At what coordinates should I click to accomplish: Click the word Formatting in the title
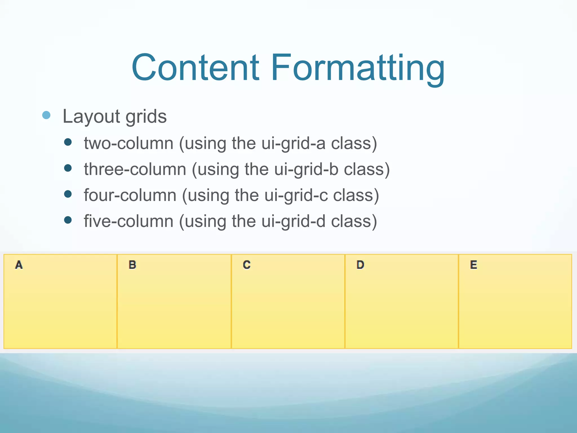[358, 69]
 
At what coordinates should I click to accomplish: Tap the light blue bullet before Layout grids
[46, 115]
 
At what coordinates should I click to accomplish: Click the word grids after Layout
[146, 116]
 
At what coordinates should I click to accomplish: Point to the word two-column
[128, 143]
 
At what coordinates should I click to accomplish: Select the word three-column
[135, 169]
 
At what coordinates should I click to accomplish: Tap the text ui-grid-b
[306, 170]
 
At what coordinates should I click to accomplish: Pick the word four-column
[130, 195]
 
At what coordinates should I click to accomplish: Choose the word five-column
[128, 221]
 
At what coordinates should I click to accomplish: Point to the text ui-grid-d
[293, 222]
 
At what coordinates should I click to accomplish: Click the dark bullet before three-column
[68, 168]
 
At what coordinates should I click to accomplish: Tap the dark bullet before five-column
[68, 220]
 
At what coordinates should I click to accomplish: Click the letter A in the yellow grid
[19, 265]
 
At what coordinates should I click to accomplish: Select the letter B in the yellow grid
[132, 265]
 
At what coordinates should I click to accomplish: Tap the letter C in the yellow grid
[247, 265]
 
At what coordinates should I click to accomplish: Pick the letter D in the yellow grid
[360, 265]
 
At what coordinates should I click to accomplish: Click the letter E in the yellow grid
[474, 265]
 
